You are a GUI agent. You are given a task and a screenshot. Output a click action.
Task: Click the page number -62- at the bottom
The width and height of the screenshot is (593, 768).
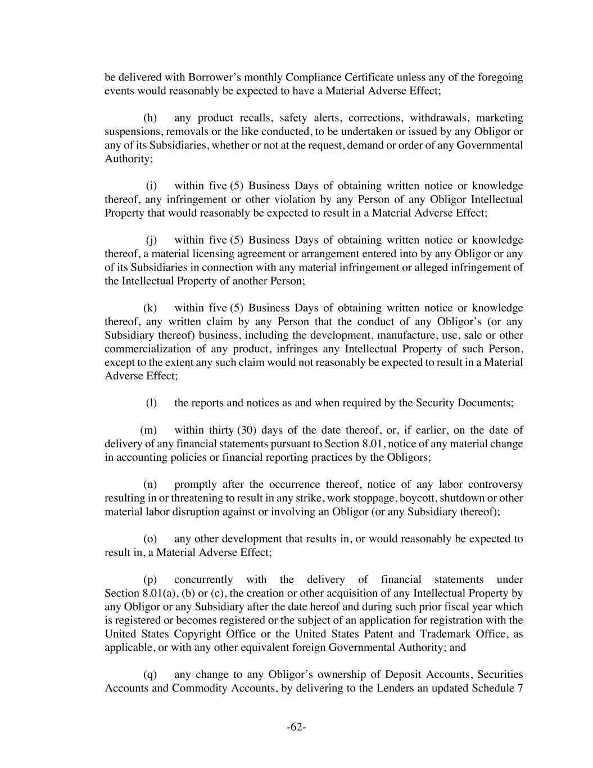pyautogui.click(x=296, y=727)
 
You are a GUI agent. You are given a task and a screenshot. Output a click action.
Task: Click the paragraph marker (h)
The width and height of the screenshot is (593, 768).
pyautogui.click(x=150, y=118)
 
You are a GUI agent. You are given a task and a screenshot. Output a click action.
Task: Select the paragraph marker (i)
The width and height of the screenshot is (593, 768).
pyautogui.click(x=151, y=186)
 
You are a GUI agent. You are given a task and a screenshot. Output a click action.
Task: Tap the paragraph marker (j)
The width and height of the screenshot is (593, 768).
pyautogui.click(x=151, y=240)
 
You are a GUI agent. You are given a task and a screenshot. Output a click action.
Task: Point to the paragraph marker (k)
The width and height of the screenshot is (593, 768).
pyautogui.click(x=150, y=308)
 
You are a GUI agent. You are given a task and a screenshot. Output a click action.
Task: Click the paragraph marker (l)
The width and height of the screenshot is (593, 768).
pyautogui.click(x=151, y=403)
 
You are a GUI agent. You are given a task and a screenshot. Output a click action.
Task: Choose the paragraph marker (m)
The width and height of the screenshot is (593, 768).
pyautogui.click(x=148, y=430)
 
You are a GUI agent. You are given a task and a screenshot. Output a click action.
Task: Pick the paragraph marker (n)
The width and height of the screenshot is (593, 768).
pyautogui.click(x=150, y=484)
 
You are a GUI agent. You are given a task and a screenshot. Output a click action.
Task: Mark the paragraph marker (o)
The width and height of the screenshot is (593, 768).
pyautogui.click(x=150, y=539)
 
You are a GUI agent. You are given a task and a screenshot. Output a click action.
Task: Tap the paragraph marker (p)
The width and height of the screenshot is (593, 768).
pyautogui.click(x=150, y=580)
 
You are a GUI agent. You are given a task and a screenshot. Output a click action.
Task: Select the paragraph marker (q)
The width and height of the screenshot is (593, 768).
pyautogui.click(x=150, y=675)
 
